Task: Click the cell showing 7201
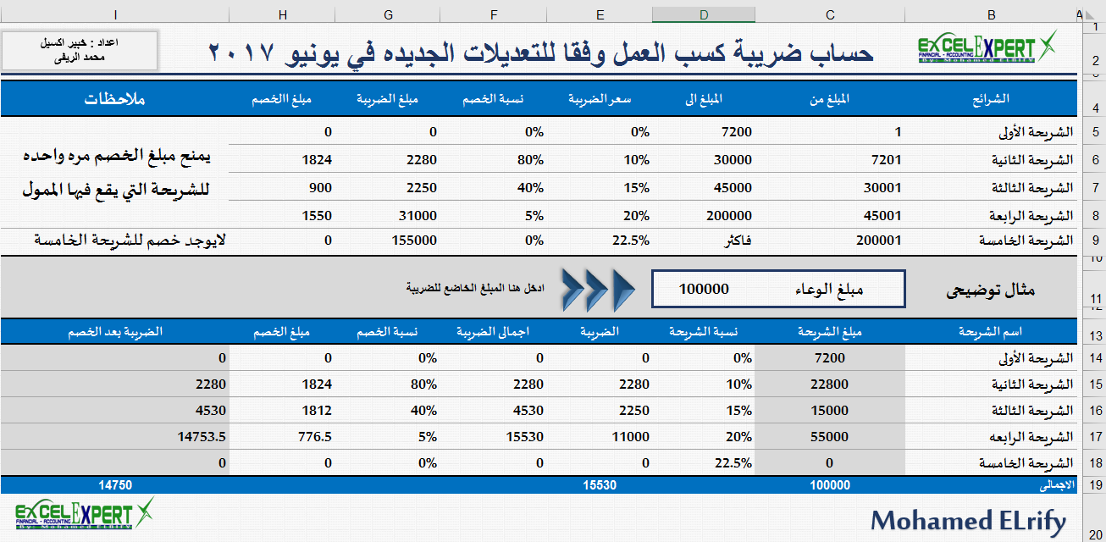click(x=887, y=160)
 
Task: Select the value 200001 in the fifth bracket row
click(x=878, y=241)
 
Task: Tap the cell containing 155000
click(x=414, y=241)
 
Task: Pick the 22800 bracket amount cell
click(x=830, y=384)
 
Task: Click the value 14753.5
click(x=202, y=437)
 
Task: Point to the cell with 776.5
click(x=315, y=437)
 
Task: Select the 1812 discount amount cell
click(x=317, y=410)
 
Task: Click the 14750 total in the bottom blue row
click(x=115, y=485)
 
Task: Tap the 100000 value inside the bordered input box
click(x=704, y=289)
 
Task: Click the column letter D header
click(x=704, y=14)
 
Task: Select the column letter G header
click(x=388, y=14)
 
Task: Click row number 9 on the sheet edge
click(x=1095, y=241)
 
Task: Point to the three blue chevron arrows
click(x=599, y=290)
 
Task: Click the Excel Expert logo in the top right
click(x=987, y=47)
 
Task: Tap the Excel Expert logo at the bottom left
click(x=85, y=514)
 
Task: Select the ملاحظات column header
click(x=114, y=99)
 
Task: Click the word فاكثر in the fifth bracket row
click(x=738, y=241)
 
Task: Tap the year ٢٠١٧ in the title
click(x=241, y=53)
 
